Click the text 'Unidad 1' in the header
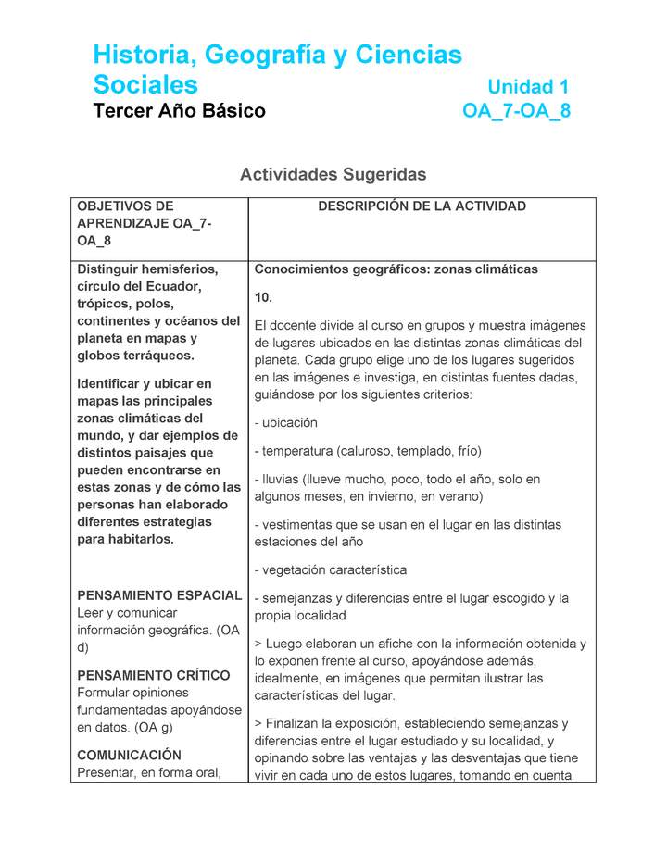[x=527, y=87]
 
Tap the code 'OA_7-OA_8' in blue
[x=516, y=111]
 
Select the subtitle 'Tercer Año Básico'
[x=179, y=111]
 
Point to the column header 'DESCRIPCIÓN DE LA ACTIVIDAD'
[x=422, y=206]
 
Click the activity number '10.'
[x=263, y=297]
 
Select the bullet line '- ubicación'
[x=286, y=423]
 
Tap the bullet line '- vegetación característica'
[x=331, y=570]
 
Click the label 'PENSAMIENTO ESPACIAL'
[x=159, y=595]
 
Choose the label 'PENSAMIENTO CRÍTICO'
[x=154, y=675]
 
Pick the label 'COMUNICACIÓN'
[x=130, y=755]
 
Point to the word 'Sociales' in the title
[x=145, y=85]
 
